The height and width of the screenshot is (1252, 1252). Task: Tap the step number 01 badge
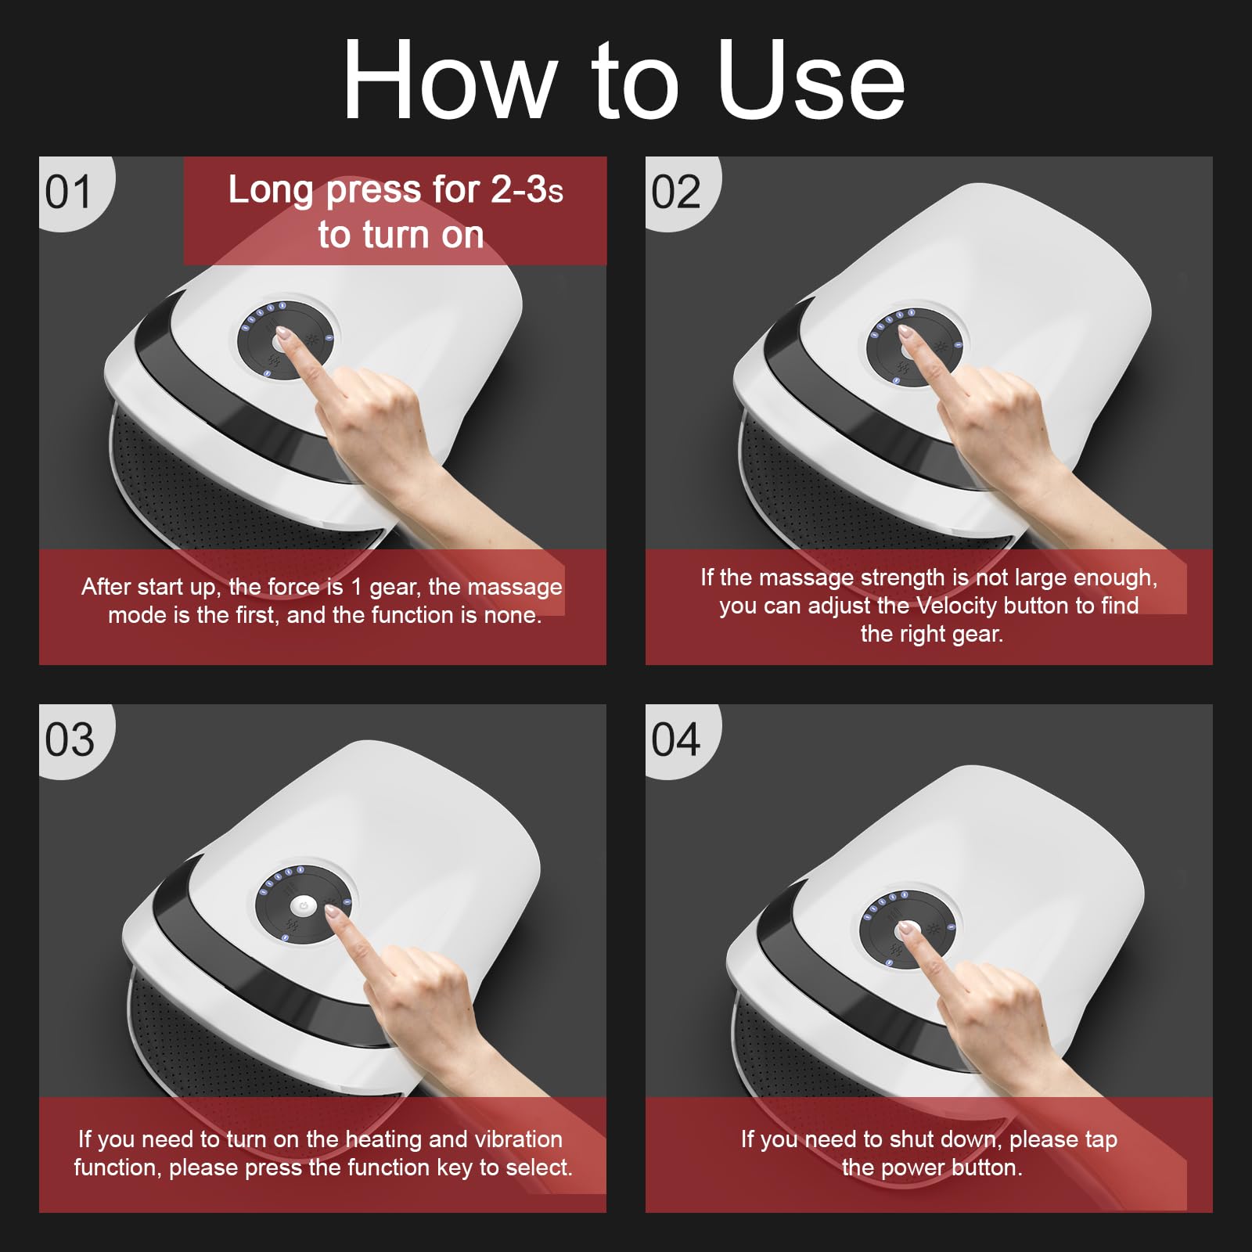[69, 192]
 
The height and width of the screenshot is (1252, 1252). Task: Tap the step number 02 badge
[676, 192]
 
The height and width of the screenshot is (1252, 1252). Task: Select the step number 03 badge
[69, 739]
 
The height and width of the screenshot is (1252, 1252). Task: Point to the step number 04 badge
[676, 739]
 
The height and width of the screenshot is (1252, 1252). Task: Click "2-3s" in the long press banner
[526, 190]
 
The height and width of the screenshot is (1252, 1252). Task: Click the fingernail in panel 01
[284, 336]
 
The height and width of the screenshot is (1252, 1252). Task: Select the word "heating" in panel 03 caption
[384, 1139]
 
